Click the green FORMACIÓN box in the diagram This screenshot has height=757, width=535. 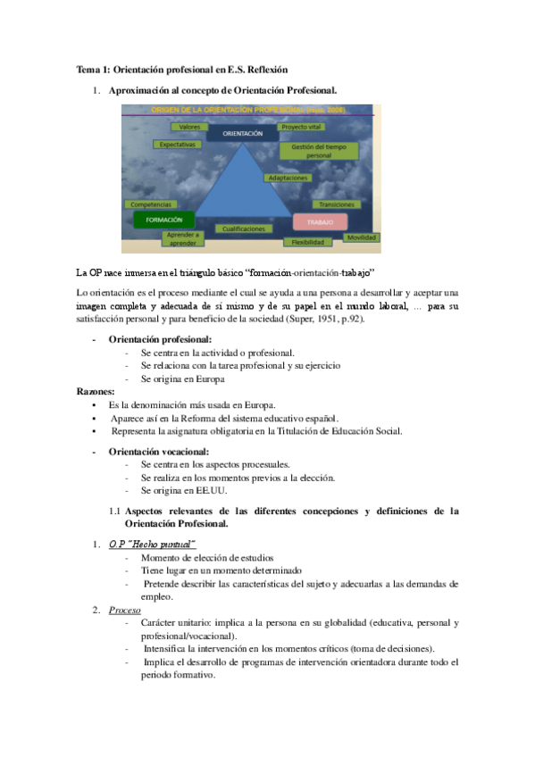pos(163,219)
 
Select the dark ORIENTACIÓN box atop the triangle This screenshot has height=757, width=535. pos(242,133)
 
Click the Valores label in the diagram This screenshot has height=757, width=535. pos(189,127)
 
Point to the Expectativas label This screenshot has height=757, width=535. pos(177,144)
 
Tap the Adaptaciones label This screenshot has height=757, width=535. pos(288,178)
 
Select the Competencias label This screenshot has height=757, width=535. pos(151,204)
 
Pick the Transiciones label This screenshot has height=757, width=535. pos(337,204)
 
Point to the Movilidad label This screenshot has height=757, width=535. pos(362,237)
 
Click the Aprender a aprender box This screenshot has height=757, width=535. pos(182,238)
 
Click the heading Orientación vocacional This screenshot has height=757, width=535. pos(159,452)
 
